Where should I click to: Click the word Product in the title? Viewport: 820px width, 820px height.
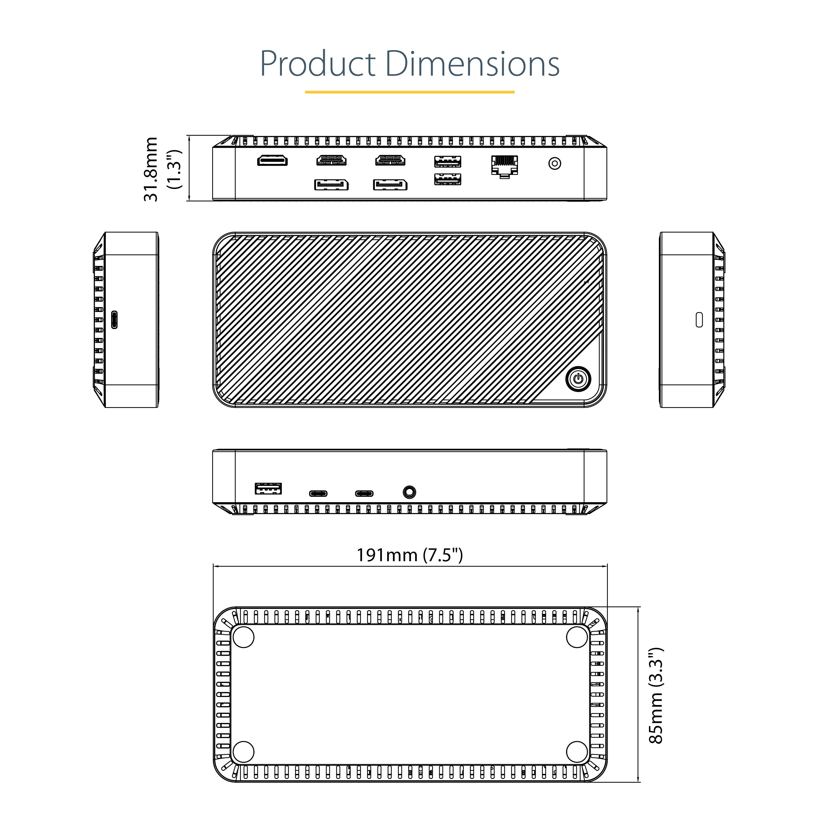(317, 64)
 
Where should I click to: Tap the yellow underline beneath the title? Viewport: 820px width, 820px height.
(410, 92)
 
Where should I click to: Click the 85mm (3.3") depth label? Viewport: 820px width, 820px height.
(656, 696)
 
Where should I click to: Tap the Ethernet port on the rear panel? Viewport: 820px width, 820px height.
(504, 166)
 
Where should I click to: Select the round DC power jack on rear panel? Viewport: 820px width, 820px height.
(555, 163)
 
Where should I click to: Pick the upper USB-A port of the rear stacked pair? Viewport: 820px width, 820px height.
(448, 162)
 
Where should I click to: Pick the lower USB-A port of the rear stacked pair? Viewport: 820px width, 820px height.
(448, 179)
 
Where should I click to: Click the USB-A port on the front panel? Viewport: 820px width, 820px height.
(268, 489)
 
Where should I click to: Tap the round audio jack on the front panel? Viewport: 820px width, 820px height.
(409, 492)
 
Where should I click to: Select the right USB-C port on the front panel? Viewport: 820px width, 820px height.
(364, 494)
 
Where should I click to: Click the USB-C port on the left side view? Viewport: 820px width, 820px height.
(114, 320)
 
